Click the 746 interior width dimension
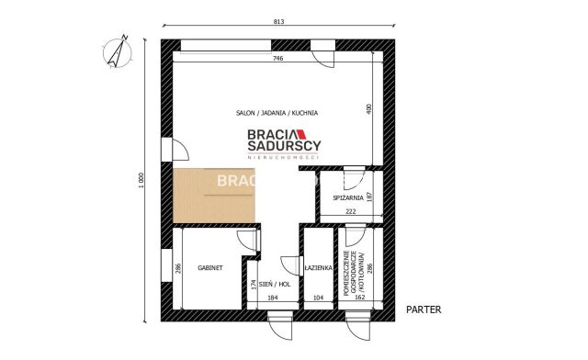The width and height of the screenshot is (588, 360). pos(277,58)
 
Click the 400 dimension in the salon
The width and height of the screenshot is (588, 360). pos(369,108)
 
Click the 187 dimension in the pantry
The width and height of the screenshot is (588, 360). pos(369,196)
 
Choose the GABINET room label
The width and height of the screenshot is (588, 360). pos(210,268)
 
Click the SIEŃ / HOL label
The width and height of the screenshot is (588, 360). pos(275,285)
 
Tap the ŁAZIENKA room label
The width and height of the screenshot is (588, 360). pos(317,268)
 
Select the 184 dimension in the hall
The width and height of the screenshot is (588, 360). pos(273,298)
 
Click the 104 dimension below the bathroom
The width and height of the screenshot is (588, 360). pos(318,298)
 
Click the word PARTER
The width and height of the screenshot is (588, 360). pos(424,309)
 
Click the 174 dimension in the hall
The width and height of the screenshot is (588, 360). pos(254,284)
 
